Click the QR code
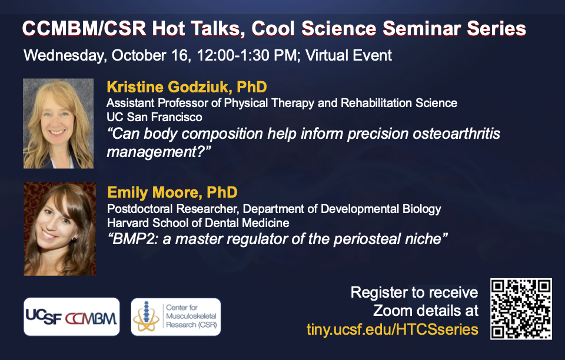tap(521, 309)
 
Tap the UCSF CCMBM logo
tap(71, 317)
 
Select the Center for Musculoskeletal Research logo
tap(176, 317)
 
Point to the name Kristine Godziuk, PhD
tap(187, 87)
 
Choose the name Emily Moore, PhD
tap(172, 192)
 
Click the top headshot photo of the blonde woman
tap(58, 124)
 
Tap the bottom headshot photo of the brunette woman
tap(60, 229)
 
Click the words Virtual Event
tap(348, 55)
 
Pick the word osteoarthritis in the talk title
tap(456, 134)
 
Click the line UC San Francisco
tap(154, 117)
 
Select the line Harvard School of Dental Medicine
tap(198, 223)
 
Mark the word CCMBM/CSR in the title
tap(84, 29)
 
